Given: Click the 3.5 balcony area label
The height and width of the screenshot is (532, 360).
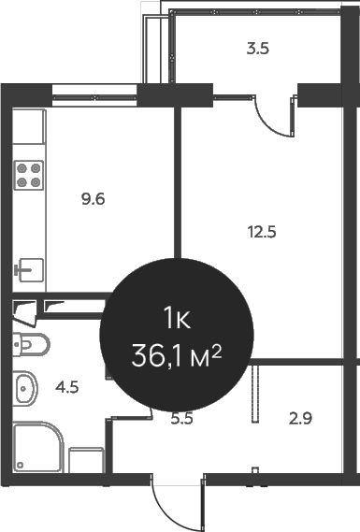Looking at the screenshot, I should click(x=258, y=50).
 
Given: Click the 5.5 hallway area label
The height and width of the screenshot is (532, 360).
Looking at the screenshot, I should click(x=181, y=420).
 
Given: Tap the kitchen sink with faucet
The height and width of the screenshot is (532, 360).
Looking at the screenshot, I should click(x=29, y=268).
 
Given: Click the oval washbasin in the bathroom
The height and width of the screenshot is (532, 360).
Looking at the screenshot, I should click(x=25, y=386).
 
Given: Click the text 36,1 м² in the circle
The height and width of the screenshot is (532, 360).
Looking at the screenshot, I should click(x=178, y=354).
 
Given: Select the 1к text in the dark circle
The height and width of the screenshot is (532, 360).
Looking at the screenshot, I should click(x=178, y=319).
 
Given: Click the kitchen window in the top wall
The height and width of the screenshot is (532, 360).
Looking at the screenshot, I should click(x=94, y=92).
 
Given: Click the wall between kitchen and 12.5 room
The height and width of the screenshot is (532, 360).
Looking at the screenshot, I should click(x=175, y=187).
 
